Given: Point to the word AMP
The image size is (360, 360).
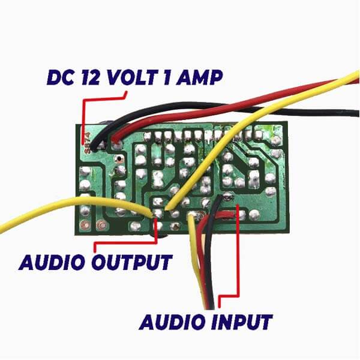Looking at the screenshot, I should click(202, 77).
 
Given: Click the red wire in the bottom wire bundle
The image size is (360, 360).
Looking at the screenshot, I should click(205, 252).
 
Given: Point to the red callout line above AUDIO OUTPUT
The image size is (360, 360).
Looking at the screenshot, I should click(126, 242).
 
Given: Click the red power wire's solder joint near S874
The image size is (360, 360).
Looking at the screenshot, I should click(116, 144).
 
